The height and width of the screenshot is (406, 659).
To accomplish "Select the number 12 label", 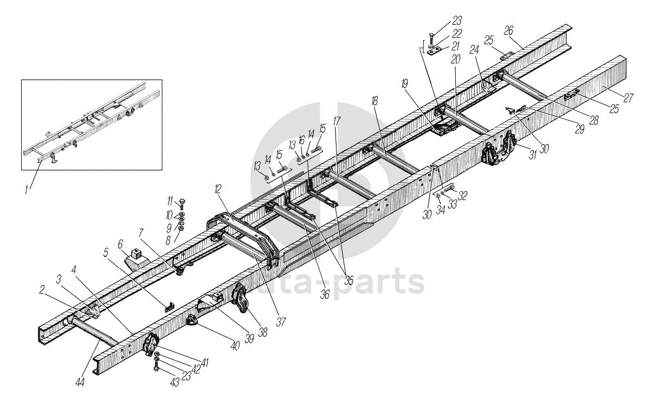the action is coord(217,189).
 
